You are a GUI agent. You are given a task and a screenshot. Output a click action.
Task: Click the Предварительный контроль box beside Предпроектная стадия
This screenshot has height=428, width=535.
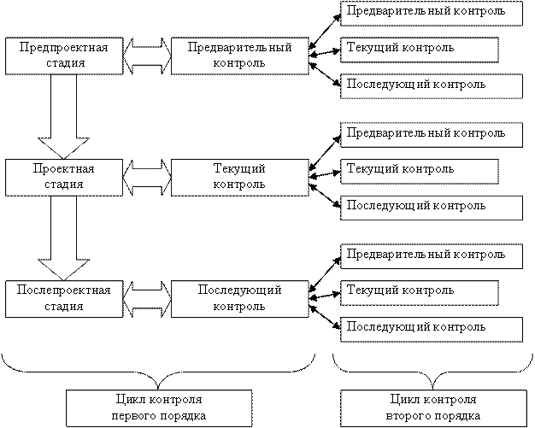pyautogui.click(x=238, y=56)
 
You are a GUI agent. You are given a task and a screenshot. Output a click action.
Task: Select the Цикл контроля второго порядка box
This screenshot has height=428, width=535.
pyautogui.click(x=432, y=407)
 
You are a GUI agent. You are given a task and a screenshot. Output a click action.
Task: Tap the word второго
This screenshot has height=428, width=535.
pyautogui.click(x=407, y=416)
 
